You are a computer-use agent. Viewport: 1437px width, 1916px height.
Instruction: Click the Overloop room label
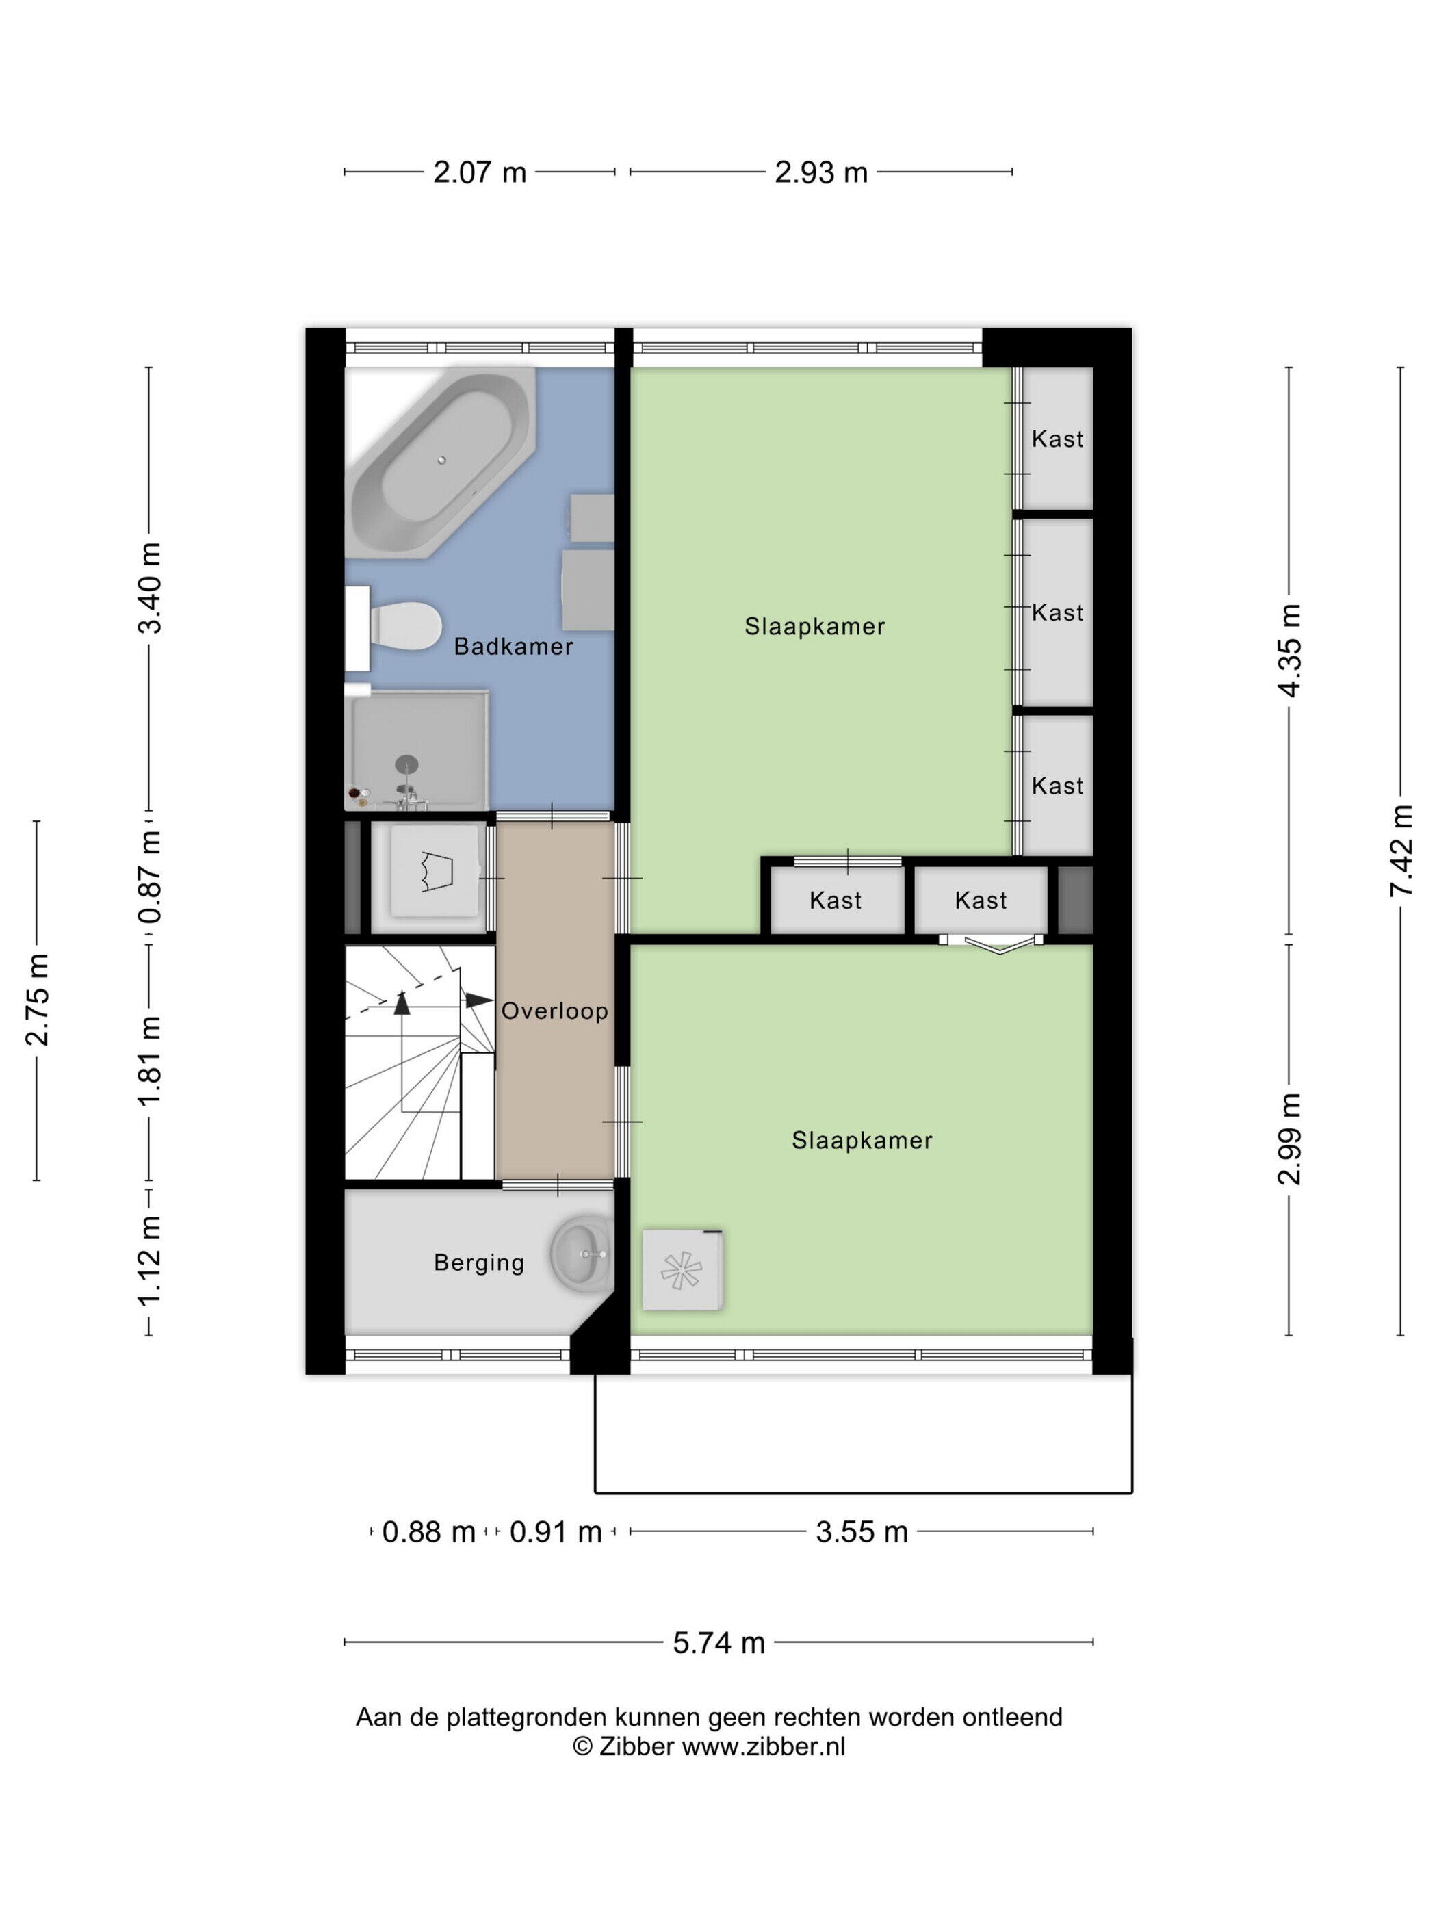click(x=554, y=1011)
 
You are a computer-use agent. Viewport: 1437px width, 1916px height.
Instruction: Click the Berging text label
click(x=479, y=1263)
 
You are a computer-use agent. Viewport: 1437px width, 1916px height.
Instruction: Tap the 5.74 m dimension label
click(x=719, y=1642)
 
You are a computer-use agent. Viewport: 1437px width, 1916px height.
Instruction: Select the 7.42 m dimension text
click(x=1401, y=851)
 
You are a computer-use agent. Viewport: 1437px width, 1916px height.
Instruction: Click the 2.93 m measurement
click(x=821, y=172)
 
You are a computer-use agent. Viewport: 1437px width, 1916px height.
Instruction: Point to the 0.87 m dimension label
click(x=150, y=877)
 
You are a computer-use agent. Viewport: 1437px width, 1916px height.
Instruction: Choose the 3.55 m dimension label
click(x=862, y=1531)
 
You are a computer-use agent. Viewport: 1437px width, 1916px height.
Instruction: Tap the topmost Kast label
click(x=1058, y=439)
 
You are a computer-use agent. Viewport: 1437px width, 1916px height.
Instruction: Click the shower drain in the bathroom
click(x=406, y=764)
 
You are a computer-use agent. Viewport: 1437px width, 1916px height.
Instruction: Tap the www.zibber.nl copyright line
click(x=708, y=1746)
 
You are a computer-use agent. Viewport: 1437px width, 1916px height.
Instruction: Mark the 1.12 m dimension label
click(x=150, y=1258)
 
